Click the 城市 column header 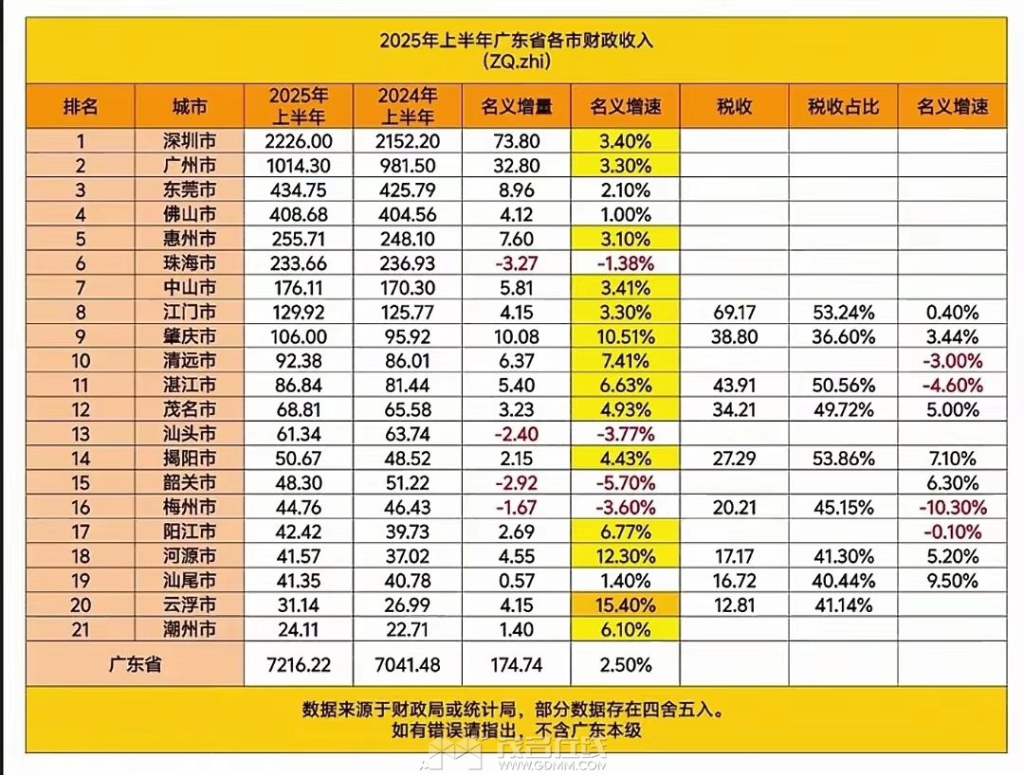pyautogui.click(x=190, y=106)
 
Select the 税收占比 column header pyautogui.click(x=843, y=106)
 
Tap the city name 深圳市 pyautogui.click(x=190, y=142)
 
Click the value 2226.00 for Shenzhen pyautogui.click(x=300, y=142)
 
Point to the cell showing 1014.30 pyautogui.click(x=300, y=166)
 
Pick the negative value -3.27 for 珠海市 pyautogui.click(x=517, y=263)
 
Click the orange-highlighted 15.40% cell pyautogui.click(x=625, y=604)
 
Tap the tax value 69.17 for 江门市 pyautogui.click(x=734, y=312)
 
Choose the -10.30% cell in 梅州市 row pyautogui.click(x=952, y=507)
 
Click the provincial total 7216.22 pyautogui.click(x=300, y=665)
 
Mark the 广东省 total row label pyautogui.click(x=135, y=665)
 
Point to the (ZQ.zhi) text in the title pyautogui.click(x=516, y=63)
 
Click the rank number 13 pyautogui.click(x=81, y=434)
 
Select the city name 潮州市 pyautogui.click(x=190, y=629)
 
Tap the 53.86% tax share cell pyautogui.click(x=843, y=459)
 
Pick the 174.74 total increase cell pyautogui.click(x=517, y=665)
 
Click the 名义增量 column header pyautogui.click(x=517, y=106)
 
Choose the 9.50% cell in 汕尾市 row pyautogui.click(x=952, y=580)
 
